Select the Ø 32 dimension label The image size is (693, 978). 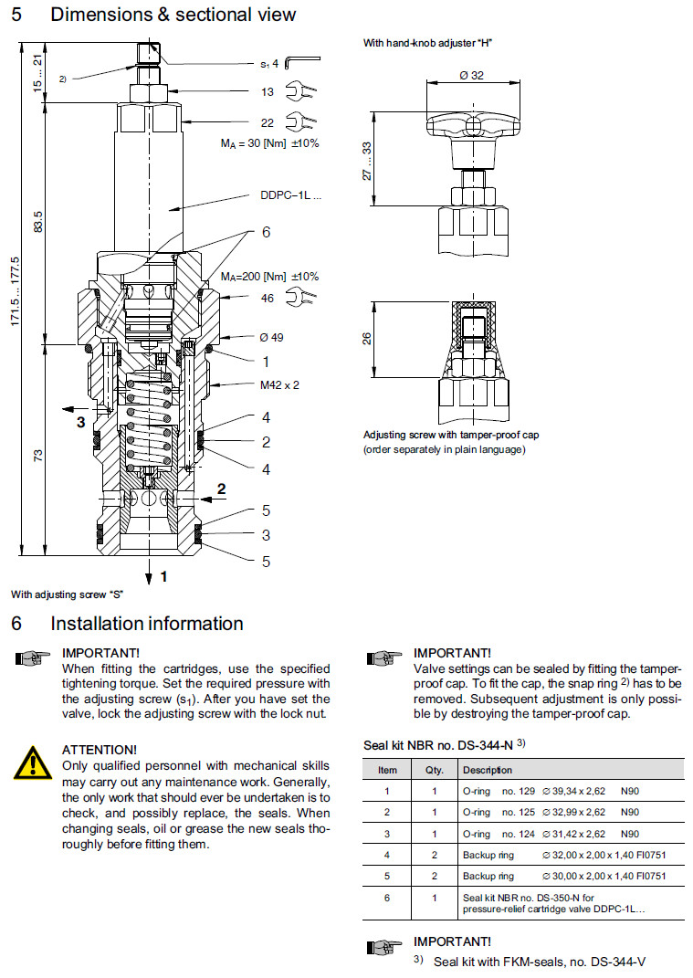pyautogui.click(x=471, y=76)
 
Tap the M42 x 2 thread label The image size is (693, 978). pyautogui.click(x=279, y=384)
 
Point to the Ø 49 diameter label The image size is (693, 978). pyautogui.click(x=271, y=337)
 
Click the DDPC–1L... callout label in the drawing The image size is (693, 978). pyautogui.click(x=291, y=195)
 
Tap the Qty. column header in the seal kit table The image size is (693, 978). pyautogui.click(x=435, y=770)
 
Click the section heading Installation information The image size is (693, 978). pyautogui.click(x=146, y=624)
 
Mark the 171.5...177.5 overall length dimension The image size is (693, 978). pyautogui.click(x=14, y=297)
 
